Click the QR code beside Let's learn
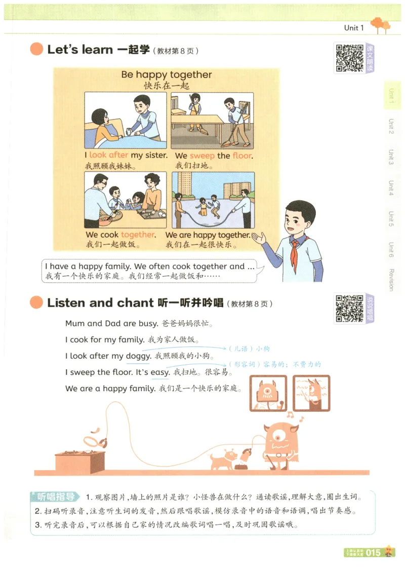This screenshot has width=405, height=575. pyautogui.click(x=349, y=58)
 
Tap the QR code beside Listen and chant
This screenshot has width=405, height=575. pyautogui.click(x=349, y=308)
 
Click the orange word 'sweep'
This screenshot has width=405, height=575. pyautogui.click(x=202, y=156)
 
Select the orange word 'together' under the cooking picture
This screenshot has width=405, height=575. pyautogui.click(x=137, y=235)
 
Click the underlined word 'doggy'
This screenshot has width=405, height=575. pyautogui.click(x=138, y=356)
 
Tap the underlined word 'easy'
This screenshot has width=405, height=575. pyautogui.click(x=160, y=372)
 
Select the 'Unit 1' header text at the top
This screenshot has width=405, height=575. pyautogui.click(x=354, y=28)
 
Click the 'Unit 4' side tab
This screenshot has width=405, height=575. pyautogui.click(x=391, y=188)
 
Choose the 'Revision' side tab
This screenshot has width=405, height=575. pyautogui.click(x=391, y=280)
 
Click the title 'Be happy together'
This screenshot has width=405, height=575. pyautogui.click(x=166, y=75)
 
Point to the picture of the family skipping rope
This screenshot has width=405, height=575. pyautogui.click(x=213, y=200)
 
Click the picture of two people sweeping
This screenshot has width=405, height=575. pyautogui.click(x=213, y=120)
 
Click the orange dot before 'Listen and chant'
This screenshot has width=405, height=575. pyautogui.click(x=36, y=303)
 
